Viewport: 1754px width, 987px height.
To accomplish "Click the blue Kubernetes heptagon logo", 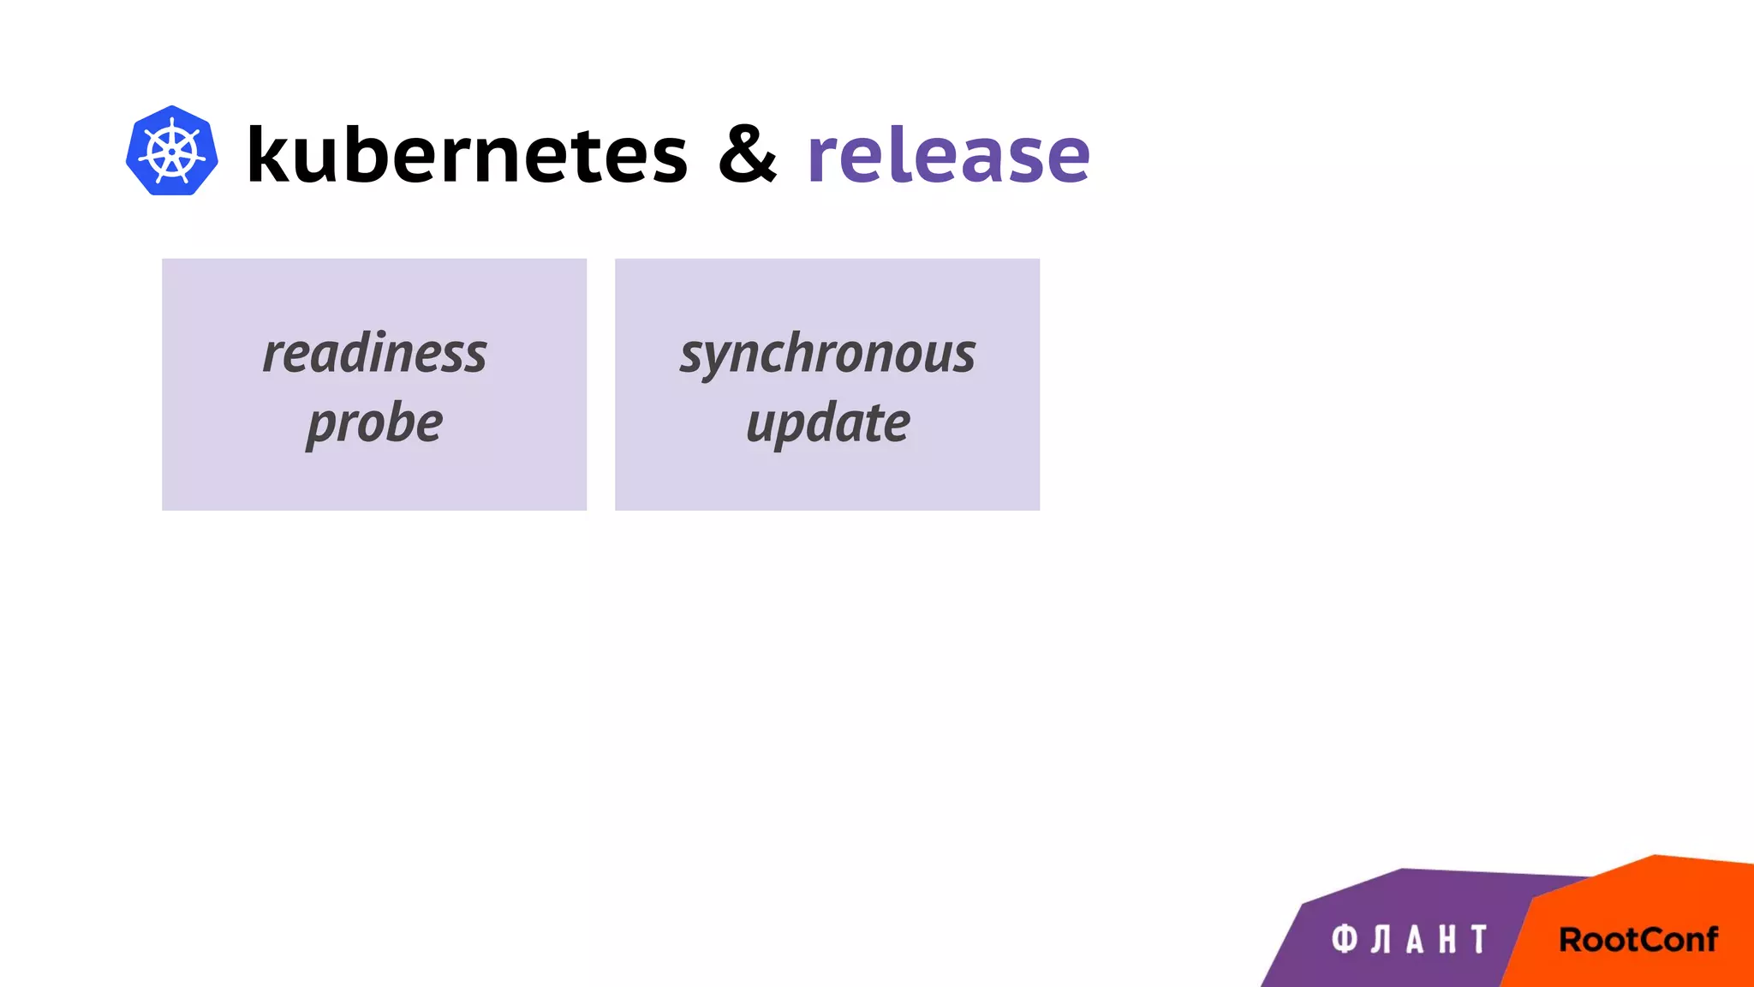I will (x=171, y=151).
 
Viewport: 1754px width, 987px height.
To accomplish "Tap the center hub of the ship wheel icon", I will (x=171, y=152).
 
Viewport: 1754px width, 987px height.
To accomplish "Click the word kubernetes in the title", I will (x=467, y=154).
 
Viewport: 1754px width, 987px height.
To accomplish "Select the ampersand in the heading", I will (x=747, y=154).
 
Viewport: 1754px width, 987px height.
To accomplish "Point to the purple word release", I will (x=948, y=154).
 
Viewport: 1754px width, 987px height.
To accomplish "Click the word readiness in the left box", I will (x=374, y=353).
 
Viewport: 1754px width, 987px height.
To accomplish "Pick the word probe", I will (x=374, y=423).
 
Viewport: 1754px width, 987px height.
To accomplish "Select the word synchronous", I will (x=827, y=353).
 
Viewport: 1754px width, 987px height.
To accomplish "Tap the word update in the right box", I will (x=827, y=423).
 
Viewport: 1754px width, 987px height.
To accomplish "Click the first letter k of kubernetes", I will (x=266, y=154).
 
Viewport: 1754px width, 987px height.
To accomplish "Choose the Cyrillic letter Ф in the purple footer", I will (x=1345, y=939).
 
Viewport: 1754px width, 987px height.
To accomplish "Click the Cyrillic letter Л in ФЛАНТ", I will (x=1381, y=939).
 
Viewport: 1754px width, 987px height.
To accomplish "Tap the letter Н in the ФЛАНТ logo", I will (x=1447, y=939).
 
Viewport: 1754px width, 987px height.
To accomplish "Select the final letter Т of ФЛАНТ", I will (x=1479, y=939).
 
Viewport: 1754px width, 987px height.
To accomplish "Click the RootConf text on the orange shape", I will (x=1638, y=940).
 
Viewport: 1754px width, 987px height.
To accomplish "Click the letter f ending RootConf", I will (x=1709, y=938).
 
